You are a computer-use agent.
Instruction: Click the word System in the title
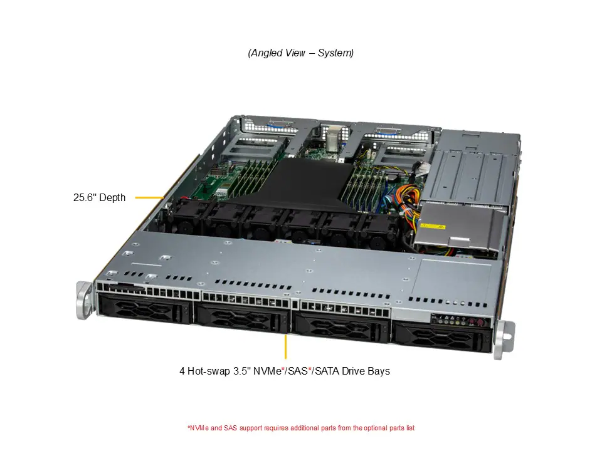pos(335,53)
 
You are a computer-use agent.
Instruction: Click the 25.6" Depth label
pos(99,198)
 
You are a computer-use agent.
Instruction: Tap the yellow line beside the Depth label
pos(150,198)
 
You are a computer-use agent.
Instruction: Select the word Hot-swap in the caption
pos(208,371)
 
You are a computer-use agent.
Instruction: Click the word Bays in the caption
pos(378,371)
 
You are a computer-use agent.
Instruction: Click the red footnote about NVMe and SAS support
pos(301,428)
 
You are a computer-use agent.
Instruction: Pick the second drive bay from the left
pos(242,317)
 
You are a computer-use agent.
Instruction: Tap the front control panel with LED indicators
pos(460,322)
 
